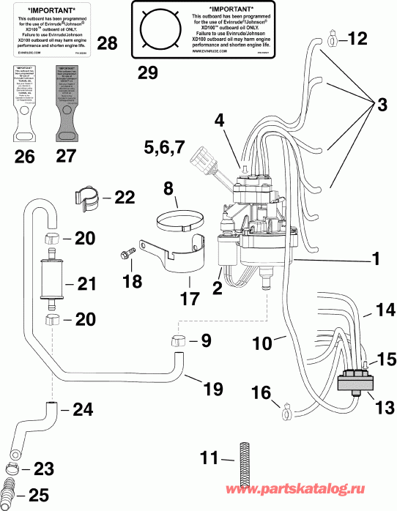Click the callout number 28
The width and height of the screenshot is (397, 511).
pos(107,44)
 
